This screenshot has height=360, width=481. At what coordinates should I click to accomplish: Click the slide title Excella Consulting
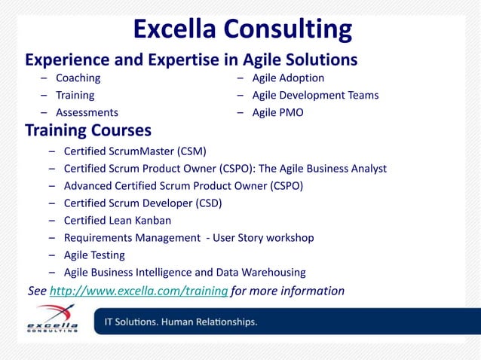click(x=242, y=29)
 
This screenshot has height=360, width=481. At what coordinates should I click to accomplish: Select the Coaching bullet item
click(x=78, y=78)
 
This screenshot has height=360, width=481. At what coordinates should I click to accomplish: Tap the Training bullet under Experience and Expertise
click(x=75, y=96)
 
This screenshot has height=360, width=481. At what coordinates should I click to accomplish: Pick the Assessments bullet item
click(x=87, y=113)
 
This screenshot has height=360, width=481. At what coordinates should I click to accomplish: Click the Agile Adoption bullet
click(x=288, y=78)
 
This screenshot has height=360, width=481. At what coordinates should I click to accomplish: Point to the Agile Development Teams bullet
click(x=315, y=96)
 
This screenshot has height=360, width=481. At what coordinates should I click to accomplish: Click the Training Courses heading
click(x=88, y=130)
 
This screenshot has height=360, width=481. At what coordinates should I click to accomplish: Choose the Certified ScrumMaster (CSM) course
click(x=135, y=151)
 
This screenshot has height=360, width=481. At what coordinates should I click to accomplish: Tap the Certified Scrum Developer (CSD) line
click(x=142, y=203)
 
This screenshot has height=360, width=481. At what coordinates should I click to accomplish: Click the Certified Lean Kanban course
click(x=117, y=221)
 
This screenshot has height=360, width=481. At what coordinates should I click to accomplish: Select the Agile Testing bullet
click(x=94, y=255)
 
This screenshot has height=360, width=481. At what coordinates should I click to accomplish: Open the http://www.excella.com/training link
click(x=139, y=291)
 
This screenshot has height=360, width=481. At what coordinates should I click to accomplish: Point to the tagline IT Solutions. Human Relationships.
click(x=176, y=322)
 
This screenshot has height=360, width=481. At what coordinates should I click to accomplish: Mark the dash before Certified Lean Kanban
click(x=53, y=221)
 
